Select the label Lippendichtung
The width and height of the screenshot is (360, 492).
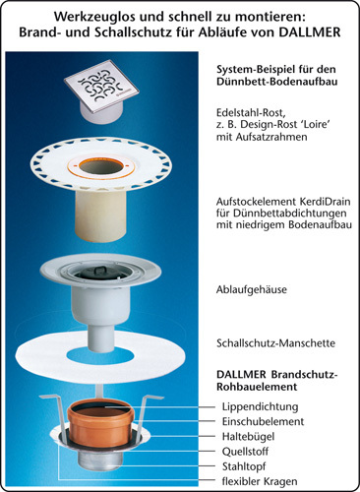[260, 406]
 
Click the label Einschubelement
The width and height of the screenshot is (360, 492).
[263, 421]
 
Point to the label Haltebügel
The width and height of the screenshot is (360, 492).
[248, 437]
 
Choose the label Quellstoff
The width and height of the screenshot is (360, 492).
[245, 452]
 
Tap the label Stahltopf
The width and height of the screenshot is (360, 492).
[244, 466]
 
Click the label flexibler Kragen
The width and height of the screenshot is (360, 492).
[260, 481]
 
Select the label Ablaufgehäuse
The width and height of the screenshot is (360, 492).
[252, 289]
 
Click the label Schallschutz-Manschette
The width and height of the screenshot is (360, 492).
[275, 343]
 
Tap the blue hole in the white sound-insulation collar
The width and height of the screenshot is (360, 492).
[101, 354]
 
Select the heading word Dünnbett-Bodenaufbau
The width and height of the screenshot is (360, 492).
[276, 82]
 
